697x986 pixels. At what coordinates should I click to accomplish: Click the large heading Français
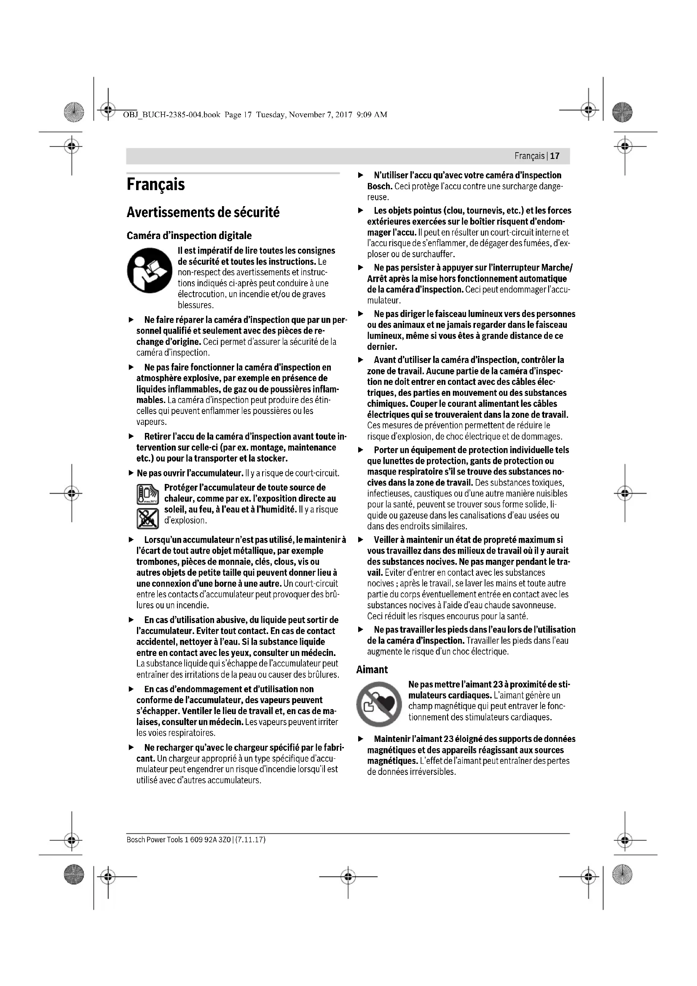[x=156, y=185]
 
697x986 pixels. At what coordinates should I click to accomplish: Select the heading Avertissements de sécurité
[x=203, y=212]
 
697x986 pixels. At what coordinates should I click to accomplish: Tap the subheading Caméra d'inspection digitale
[x=189, y=235]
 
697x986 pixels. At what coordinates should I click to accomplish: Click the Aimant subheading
[x=372, y=669]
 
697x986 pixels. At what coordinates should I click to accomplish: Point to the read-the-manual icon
[x=149, y=271]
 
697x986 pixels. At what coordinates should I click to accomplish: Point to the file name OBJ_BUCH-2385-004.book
[x=172, y=115]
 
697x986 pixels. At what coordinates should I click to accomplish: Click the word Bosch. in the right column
[x=379, y=186]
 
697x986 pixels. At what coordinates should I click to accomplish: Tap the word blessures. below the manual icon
[x=196, y=305]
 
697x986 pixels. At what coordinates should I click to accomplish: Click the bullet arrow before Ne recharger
[x=131, y=748]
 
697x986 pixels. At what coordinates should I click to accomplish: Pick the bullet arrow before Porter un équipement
[x=361, y=450]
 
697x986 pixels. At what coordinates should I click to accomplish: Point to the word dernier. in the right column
[x=382, y=347]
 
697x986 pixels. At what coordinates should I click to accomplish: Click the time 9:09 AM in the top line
[x=372, y=115]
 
